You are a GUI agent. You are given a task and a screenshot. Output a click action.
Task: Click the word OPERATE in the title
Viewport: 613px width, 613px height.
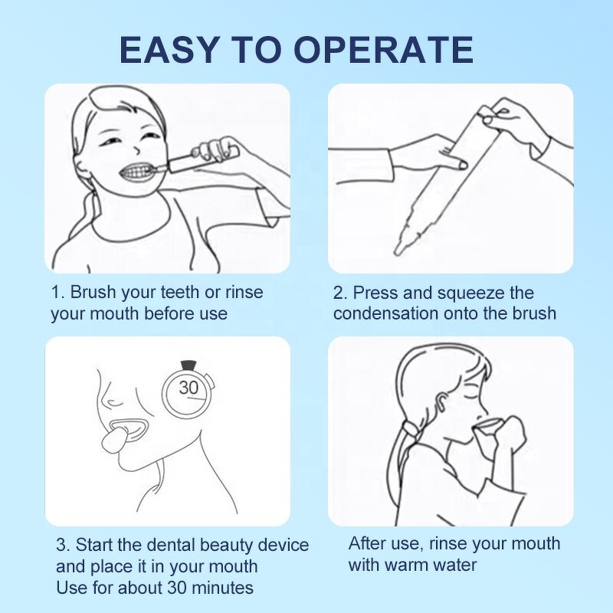tap(383, 50)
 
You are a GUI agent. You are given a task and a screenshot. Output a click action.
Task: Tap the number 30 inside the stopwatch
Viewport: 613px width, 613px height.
tap(188, 388)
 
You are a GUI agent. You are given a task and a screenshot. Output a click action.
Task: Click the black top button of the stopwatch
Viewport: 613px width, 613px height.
tap(188, 365)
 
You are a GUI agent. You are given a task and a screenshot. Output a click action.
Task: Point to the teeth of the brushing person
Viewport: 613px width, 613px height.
tap(136, 171)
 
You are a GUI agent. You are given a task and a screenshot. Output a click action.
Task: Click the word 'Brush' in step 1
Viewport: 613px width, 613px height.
tap(93, 292)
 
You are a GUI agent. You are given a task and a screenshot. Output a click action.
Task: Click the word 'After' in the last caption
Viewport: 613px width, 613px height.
tap(367, 543)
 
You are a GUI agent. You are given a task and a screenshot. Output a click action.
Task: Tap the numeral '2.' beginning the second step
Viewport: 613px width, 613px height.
tap(339, 293)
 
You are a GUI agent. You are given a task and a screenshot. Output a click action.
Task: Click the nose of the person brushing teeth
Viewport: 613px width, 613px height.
tap(136, 149)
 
